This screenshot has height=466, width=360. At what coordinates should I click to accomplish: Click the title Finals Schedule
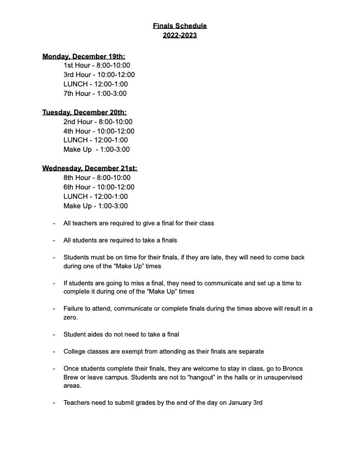180,26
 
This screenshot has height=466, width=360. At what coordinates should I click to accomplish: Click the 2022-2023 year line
180,35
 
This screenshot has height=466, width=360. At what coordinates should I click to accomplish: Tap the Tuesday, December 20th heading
84,112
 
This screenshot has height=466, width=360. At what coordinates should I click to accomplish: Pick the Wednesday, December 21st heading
89,168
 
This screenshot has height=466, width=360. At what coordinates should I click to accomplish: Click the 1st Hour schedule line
96,65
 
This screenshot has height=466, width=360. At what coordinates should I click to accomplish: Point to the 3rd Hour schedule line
99,75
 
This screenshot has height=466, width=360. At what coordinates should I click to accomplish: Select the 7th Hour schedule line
95,94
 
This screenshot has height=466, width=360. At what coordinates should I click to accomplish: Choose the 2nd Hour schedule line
98,122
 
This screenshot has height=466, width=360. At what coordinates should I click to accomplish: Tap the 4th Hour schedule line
99,131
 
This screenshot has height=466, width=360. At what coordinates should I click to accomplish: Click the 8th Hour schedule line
97,178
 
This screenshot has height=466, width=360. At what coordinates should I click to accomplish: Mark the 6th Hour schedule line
99,187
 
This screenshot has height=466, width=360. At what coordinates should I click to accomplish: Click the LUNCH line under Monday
95,84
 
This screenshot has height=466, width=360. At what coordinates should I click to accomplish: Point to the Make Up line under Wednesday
95,206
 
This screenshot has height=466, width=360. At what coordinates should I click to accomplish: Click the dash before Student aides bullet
54,334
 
